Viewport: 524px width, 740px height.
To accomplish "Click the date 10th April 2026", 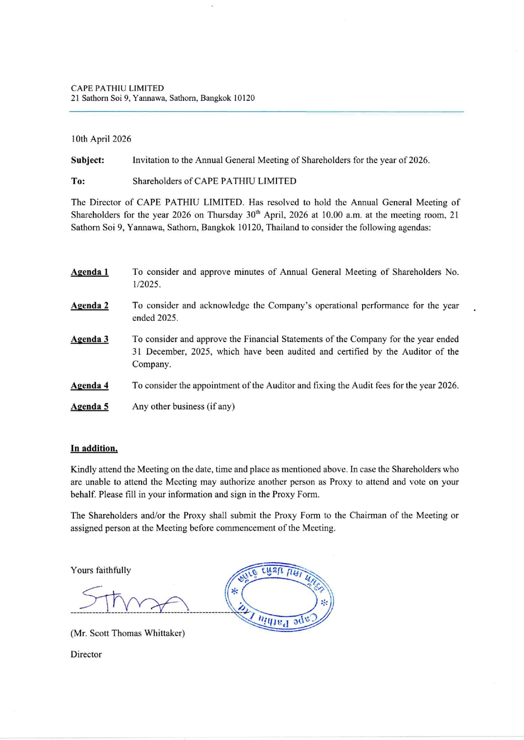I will (x=101, y=139).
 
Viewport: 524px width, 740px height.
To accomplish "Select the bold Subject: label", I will (x=87, y=160).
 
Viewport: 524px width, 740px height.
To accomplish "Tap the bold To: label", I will (x=78, y=181).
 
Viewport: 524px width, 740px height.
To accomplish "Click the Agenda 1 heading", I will (x=90, y=272).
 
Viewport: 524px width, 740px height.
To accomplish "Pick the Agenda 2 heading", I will (x=90, y=306).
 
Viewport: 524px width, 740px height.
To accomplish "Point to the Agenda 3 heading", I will (x=90, y=339).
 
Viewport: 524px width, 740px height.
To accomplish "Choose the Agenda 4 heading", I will (x=90, y=385).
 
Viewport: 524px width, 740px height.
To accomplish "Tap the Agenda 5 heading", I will (x=90, y=407).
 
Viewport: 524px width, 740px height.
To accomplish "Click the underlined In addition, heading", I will (x=94, y=448).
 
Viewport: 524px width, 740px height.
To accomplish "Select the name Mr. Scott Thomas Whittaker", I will (x=128, y=633).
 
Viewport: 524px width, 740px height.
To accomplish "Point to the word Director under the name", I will (x=86, y=654).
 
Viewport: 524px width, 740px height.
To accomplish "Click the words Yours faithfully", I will (x=101, y=570).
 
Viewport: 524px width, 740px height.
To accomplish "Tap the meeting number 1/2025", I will (x=146, y=285).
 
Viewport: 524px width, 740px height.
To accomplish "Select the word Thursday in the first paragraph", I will (x=225, y=215).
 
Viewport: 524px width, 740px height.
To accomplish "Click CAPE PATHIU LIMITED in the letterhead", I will (x=117, y=88).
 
